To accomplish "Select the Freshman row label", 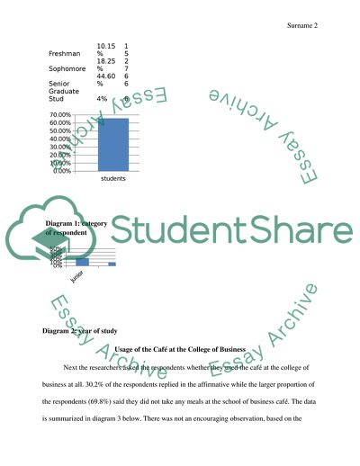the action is pyautogui.click(x=64, y=54).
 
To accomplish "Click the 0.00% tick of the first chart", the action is pyautogui.click(x=61, y=171).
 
